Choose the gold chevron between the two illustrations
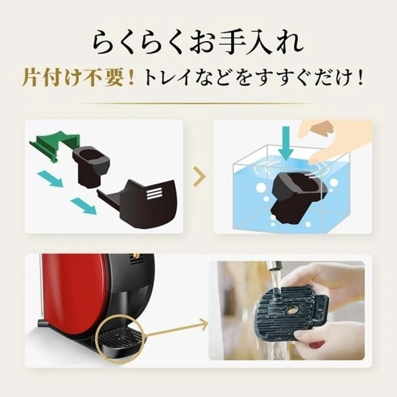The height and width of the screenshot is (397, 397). pyautogui.click(x=198, y=178)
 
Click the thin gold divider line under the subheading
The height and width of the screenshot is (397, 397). pyautogui.click(x=198, y=103)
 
